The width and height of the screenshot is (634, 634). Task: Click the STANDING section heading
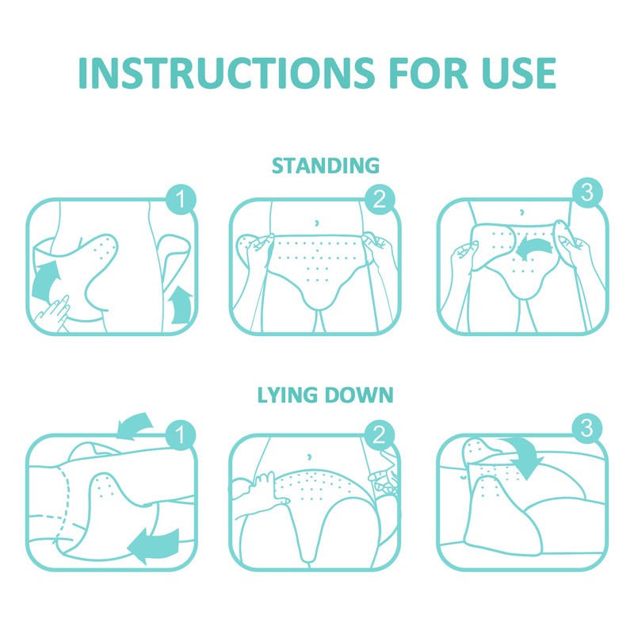(325, 166)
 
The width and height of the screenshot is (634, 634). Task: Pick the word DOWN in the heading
(360, 395)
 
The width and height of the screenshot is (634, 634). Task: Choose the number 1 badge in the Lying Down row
(181, 434)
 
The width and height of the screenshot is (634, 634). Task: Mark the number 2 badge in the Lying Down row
(379, 434)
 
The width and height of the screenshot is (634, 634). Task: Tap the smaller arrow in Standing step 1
(181, 305)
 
